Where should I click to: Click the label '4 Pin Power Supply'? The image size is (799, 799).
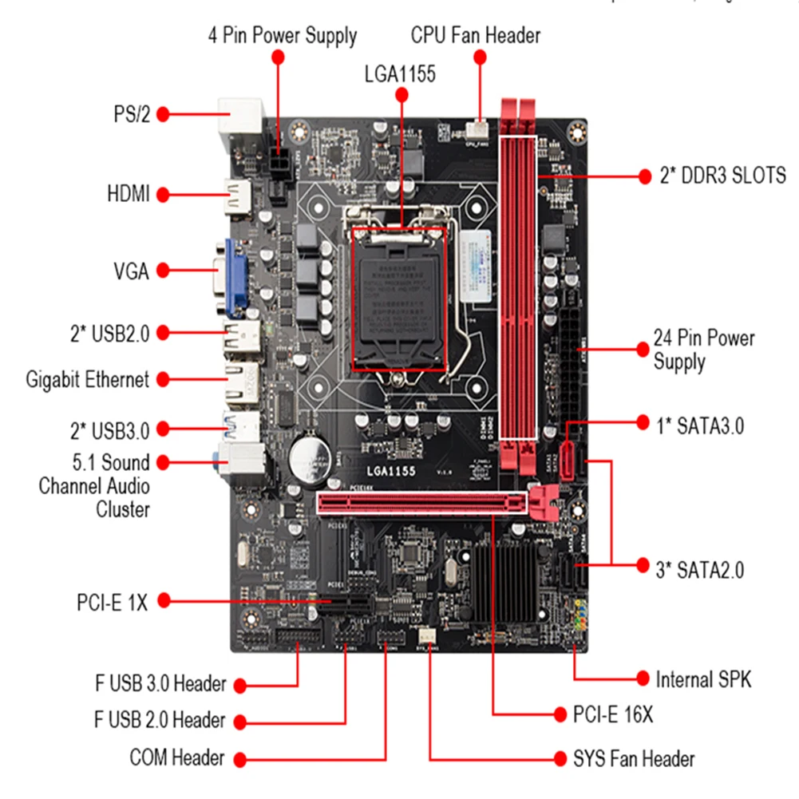coord(282,36)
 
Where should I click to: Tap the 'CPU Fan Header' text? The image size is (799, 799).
coord(476,36)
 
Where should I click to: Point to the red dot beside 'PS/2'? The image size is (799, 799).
coord(163,114)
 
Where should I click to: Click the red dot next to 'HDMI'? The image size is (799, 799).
coord(163,194)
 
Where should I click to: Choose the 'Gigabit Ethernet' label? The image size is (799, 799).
coord(88,379)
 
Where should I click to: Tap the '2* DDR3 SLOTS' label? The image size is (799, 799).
coord(722,176)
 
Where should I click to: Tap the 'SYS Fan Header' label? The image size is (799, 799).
coord(634,758)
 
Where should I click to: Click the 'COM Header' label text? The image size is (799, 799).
coord(176,757)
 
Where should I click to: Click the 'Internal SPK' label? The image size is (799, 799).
coord(703,679)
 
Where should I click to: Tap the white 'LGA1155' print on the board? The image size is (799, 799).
coord(391,471)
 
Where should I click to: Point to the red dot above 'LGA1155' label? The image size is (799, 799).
coord(401,95)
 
